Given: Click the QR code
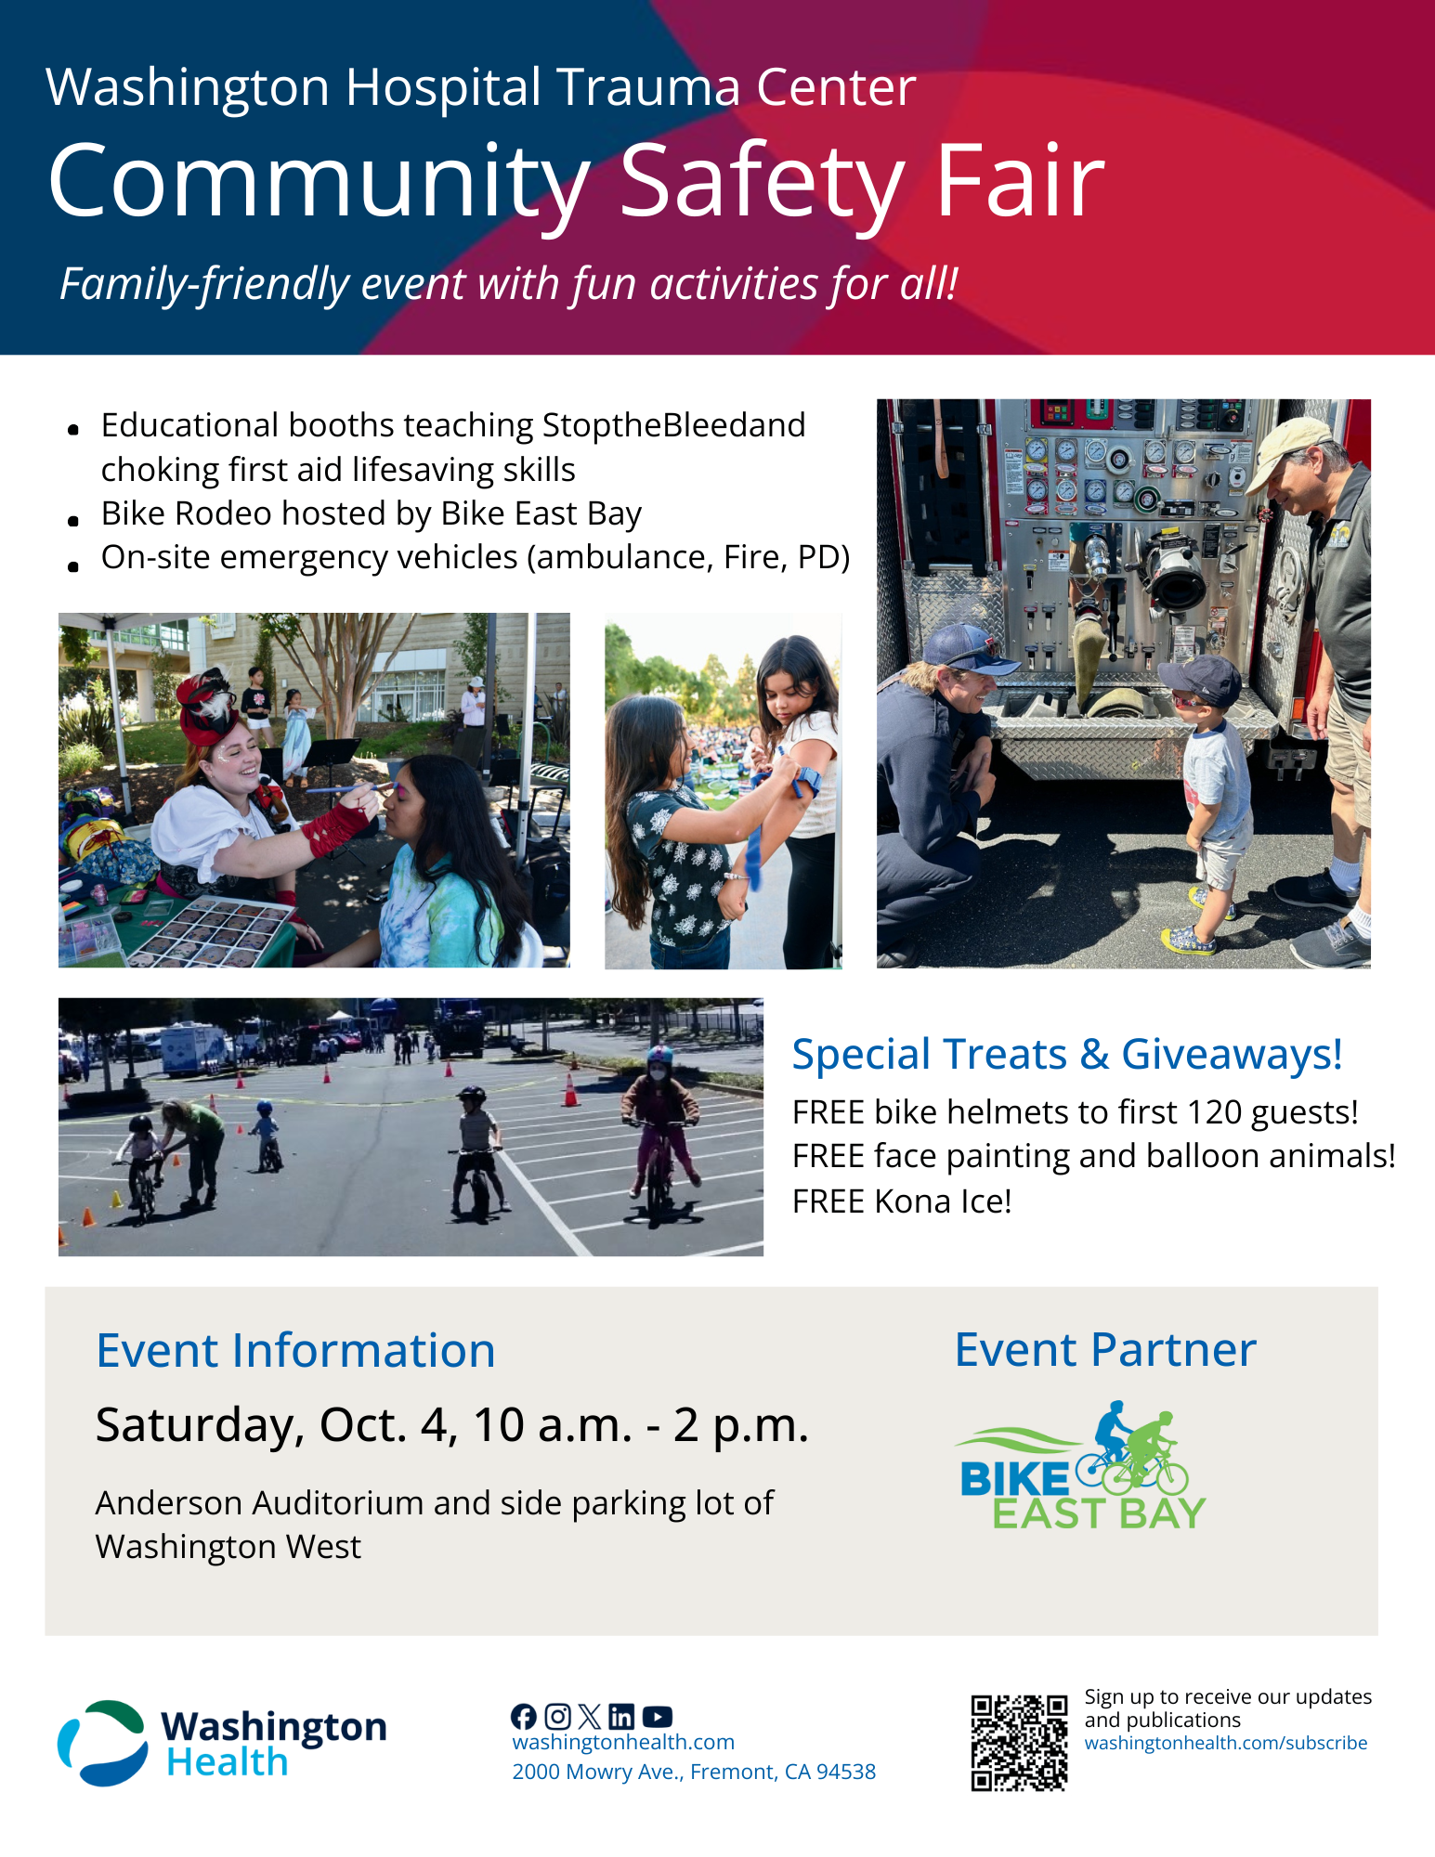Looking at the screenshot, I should pyautogui.click(x=1019, y=1743).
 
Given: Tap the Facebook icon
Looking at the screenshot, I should pyautogui.click(x=524, y=1717).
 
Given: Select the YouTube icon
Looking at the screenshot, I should pyautogui.click(x=657, y=1717).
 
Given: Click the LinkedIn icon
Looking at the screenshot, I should pyautogui.click(x=622, y=1717).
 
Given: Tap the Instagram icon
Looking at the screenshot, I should pyautogui.click(x=557, y=1717).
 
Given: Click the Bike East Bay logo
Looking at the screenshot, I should pyautogui.click(x=1081, y=1468).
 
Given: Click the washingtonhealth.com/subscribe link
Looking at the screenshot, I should pyautogui.click(x=1225, y=1743).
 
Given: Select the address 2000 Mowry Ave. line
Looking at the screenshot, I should pyautogui.click(x=694, y=1772).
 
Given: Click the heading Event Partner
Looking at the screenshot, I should pyautogui.click(x=1105, y=1350).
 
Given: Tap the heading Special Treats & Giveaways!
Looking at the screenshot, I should pyautogui.click(x=1066, y=1055).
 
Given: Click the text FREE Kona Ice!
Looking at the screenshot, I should pyautogui.click(x=901, y=1201).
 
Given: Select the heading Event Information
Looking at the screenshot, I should pyautogui.click(x=295, y=1351).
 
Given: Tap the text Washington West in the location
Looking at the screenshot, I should pyautogui.click(x=228, y=1547).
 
